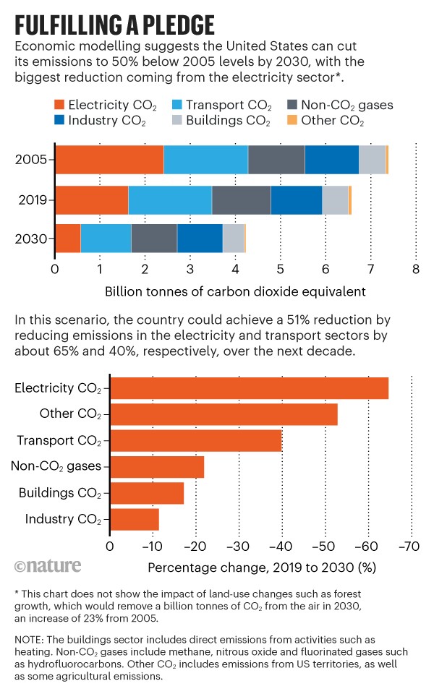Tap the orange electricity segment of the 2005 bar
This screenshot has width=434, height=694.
coord(109,159)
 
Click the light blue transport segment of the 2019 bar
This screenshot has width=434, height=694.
coord(169,200)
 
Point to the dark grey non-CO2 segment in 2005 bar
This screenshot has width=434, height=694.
coord(276,159)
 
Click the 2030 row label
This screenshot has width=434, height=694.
coord(31,239)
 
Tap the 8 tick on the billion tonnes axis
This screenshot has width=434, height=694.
coord(415,270)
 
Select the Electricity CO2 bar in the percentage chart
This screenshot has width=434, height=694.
coord(249,388)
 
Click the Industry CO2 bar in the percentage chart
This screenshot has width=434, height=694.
coord(134,519)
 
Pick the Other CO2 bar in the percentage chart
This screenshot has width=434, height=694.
coord(224,414)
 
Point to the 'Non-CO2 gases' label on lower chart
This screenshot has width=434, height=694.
coord(56,467)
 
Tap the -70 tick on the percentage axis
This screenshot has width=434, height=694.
coord(409,546)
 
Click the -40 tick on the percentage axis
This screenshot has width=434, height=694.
coord(281,546)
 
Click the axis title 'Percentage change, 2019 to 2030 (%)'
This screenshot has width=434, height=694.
coord(261,567)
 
